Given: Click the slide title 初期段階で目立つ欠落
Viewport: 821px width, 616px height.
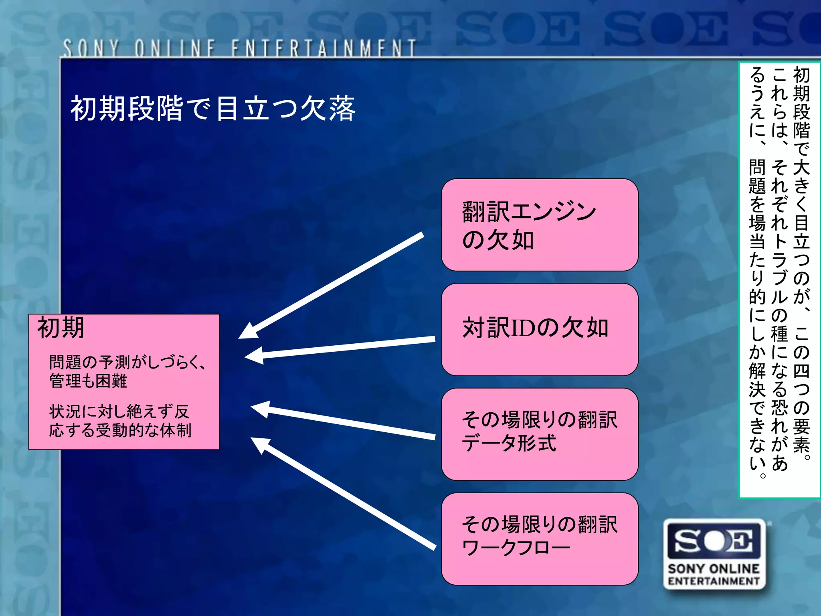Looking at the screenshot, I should click(213, 109).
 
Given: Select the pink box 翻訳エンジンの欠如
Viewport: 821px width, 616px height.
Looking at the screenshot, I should click(539, 225).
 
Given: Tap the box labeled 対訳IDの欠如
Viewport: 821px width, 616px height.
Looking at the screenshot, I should click(539, 329).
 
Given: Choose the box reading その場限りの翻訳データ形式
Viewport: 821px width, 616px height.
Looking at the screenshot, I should click(539, 434).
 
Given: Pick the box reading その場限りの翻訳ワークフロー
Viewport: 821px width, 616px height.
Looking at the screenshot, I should click(539, 539).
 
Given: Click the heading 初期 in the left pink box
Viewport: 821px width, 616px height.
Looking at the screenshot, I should click(61, 328).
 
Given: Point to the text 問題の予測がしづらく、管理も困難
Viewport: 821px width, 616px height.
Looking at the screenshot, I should click(127, 371).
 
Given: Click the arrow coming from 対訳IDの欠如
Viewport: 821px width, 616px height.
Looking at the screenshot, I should click(341, 348).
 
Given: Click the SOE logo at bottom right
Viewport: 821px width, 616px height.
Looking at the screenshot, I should click(714, 541).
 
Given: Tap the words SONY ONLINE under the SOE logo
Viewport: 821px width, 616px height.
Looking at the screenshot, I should click(714, 569).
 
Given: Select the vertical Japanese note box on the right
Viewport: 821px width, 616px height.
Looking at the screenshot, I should click(779, 280).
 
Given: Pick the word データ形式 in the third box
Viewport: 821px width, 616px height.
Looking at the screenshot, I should click(509, 443).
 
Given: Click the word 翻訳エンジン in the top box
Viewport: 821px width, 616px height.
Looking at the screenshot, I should click(529, 211).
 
